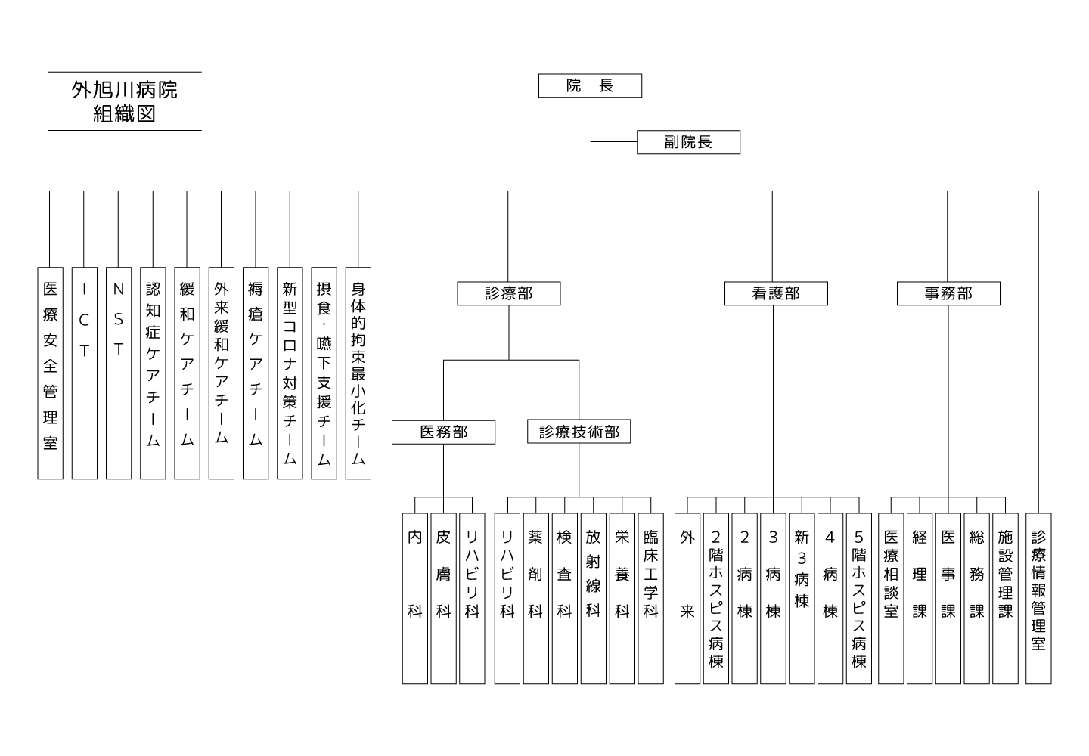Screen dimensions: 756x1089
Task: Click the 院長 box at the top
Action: tap(590, 86)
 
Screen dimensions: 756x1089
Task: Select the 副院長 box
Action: tap(688, 142)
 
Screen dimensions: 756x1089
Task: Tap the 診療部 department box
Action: tap(508, 293)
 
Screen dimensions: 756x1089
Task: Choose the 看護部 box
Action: tap(776, 293)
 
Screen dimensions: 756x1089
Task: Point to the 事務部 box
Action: tap(948, 293)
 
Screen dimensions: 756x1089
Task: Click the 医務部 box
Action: tap(443, 432)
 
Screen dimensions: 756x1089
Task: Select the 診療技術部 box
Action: tap(579, 432)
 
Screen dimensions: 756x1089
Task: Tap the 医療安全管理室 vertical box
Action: tap(50, 373)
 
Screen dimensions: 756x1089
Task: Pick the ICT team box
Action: tap(85, 373)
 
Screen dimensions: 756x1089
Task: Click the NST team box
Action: tap(119, 373)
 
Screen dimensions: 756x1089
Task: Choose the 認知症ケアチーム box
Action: tap(153, 373)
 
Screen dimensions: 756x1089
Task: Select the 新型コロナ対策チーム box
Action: tap(290, 373)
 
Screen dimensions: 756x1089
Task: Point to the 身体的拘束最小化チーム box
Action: tap(358, 373)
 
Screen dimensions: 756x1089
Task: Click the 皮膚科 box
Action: tap(443, 599)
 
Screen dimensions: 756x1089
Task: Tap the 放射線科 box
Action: tap(593, 599)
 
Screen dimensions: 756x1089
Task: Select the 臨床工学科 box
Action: tap(650, 599)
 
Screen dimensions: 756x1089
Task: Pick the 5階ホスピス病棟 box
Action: tap(858, 599)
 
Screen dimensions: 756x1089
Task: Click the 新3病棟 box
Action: tap(802, 599)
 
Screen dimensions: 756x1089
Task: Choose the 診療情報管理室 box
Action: tap(1038, 599)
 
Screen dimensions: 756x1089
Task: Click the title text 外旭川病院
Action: tap(125, 91)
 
